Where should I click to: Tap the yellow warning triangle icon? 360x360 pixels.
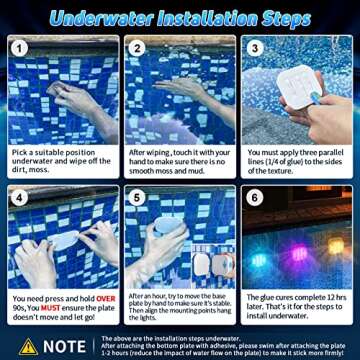[x=28, y=346]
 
